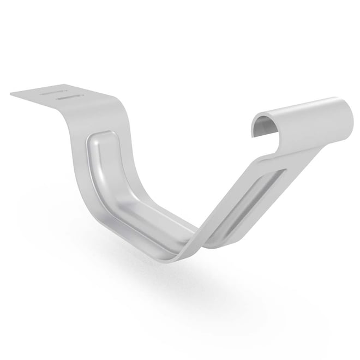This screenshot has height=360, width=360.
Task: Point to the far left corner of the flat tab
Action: pyautogui.click(x=11, y=94)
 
